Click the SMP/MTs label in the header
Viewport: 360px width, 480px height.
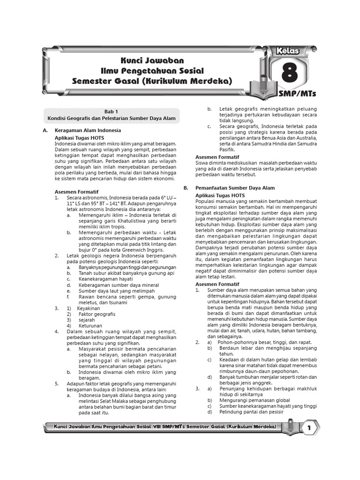tap(297, 94)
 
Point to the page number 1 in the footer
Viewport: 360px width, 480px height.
tap(309, 427)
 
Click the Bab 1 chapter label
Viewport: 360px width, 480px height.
tap(112, 112)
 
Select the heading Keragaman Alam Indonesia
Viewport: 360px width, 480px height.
tap(88, 130)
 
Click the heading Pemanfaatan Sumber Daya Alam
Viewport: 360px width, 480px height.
tap(235, 187)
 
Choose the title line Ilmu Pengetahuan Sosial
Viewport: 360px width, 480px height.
tap(153, 71)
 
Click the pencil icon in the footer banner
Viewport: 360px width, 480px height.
tap(290, 427)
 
